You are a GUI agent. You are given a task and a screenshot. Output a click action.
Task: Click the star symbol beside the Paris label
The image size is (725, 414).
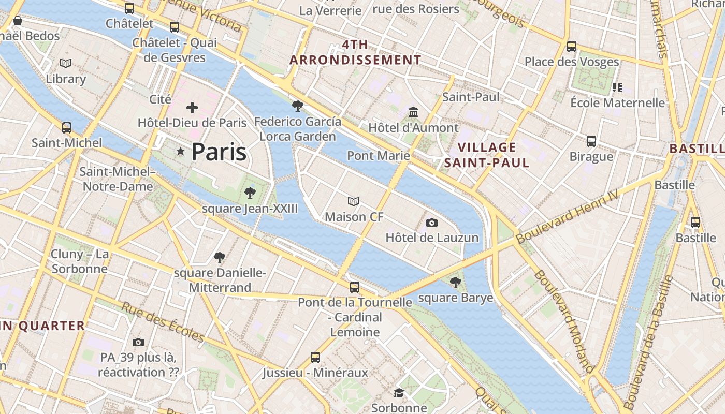tap(180, 152)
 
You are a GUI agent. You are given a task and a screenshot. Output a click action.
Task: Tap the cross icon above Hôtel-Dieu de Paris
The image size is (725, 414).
tap(192, 108)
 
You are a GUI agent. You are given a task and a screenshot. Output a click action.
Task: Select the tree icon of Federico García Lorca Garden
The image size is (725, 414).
tap(297, 106)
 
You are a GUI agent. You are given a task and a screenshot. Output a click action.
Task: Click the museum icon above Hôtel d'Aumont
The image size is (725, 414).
tap(413, 112)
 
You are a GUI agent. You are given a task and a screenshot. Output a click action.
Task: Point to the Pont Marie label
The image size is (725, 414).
tap(378, 155)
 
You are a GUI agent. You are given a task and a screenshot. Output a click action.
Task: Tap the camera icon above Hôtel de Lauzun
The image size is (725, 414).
tap(432, 223)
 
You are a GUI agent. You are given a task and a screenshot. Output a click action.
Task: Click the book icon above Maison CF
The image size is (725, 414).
tap(354, 201)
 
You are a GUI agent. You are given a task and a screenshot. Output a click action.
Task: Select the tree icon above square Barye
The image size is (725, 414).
tap(455, 282)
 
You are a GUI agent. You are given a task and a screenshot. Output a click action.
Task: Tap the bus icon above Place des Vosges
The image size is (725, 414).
tap(572, 47)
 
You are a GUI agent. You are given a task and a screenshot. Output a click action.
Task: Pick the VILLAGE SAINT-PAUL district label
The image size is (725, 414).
tap(487, 155)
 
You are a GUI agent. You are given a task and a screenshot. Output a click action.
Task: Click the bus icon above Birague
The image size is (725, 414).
tap(591, 141)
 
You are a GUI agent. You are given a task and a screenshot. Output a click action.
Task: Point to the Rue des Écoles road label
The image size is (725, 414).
tap(163, 322)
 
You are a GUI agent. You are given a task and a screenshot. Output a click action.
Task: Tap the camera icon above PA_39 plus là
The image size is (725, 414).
tap(138, 342)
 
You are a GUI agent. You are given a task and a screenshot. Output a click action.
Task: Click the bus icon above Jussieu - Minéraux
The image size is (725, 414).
tap(315, 357)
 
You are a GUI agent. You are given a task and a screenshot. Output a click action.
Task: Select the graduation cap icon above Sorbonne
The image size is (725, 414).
tap(399, 393)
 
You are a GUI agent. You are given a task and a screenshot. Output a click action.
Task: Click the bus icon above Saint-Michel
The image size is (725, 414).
tap(66, 127)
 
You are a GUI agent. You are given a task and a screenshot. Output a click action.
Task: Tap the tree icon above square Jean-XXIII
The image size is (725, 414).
tap(250, 193)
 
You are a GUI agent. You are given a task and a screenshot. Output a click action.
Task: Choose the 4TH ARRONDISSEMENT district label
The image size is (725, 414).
tap(355, 52)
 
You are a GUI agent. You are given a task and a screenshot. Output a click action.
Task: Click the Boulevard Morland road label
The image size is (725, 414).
tap(564, 321)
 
